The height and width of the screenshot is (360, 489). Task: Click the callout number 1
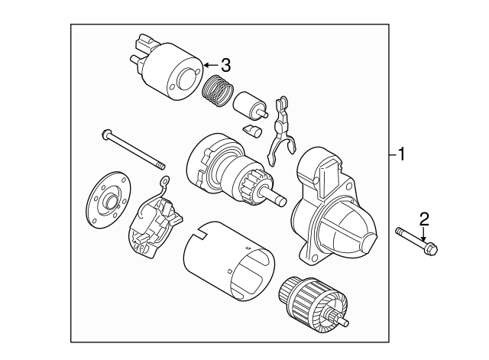tap(403, 155)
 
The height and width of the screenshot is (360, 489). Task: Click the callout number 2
tap(425, 219)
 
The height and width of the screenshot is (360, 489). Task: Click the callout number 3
tap(225, 64)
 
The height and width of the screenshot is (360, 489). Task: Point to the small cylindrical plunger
tap(250, 105)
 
